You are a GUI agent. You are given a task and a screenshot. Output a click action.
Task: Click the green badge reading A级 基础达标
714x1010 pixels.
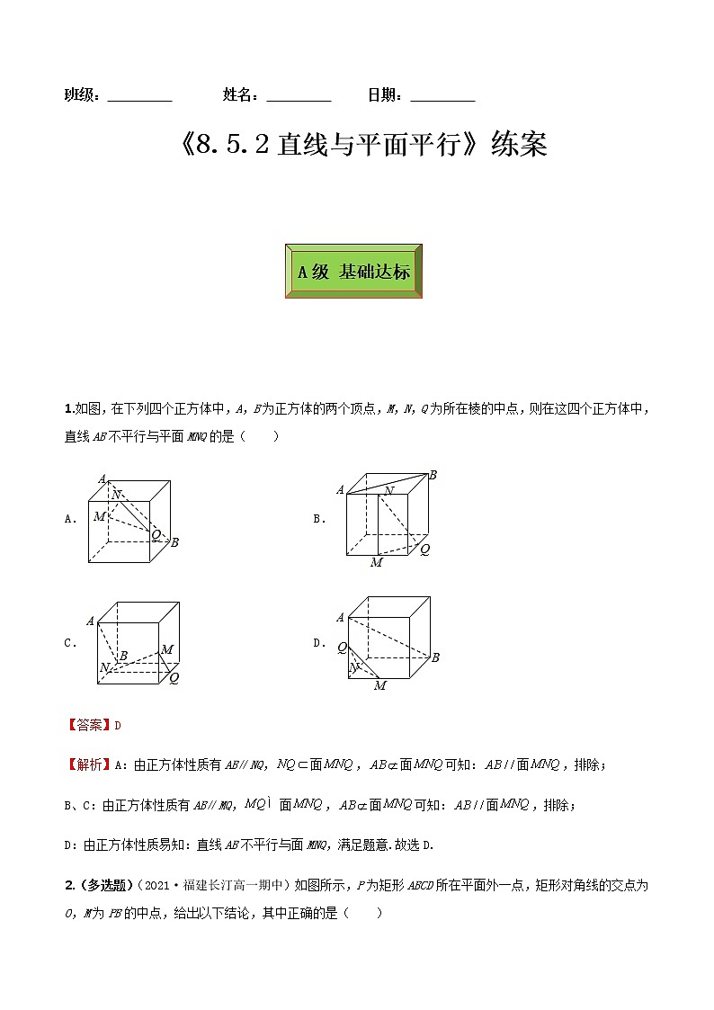353,271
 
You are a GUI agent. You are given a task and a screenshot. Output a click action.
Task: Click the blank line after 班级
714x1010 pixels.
139,96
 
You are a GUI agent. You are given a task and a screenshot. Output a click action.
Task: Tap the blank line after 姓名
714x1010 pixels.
299,96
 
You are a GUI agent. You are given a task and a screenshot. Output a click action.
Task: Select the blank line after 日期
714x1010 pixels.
442,96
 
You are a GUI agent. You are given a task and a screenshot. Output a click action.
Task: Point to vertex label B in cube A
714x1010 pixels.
174,541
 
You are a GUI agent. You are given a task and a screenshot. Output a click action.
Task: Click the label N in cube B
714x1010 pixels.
388,490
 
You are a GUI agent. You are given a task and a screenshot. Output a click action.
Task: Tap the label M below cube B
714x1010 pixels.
376,563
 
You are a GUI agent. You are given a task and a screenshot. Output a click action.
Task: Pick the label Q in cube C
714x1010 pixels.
174,678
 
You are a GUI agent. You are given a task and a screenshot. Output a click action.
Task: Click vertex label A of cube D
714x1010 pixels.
340,617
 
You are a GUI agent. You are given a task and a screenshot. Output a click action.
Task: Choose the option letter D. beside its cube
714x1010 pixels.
318,643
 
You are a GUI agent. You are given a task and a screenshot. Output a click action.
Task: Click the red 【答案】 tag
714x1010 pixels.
88,725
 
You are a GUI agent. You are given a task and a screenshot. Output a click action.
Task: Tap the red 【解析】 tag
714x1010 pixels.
88,765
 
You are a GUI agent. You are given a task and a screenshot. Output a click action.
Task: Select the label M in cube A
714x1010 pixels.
99,516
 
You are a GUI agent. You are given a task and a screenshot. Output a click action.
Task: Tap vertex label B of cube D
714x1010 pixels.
435,657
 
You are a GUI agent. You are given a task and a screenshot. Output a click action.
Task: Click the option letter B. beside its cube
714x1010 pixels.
318,519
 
